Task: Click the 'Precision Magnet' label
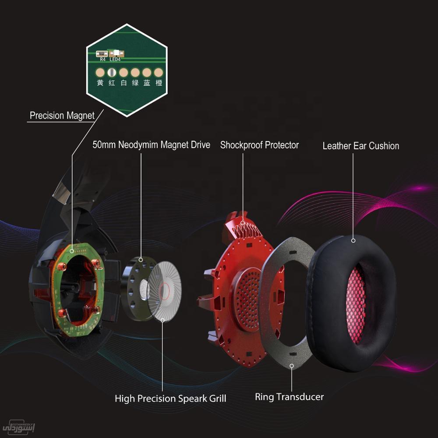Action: [62, 116]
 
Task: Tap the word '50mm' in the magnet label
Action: [104, 145]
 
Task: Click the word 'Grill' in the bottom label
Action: [215, 399]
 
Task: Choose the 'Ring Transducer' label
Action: [289, 397]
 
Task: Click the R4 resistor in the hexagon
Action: [102, 54]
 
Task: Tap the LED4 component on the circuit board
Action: [117, 54]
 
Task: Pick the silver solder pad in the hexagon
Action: [112, 72]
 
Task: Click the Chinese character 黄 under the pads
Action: [100, 82]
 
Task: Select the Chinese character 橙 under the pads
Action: [159, 82]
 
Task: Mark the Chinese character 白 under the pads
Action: [124, 82]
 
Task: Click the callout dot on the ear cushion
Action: [353, 240]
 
